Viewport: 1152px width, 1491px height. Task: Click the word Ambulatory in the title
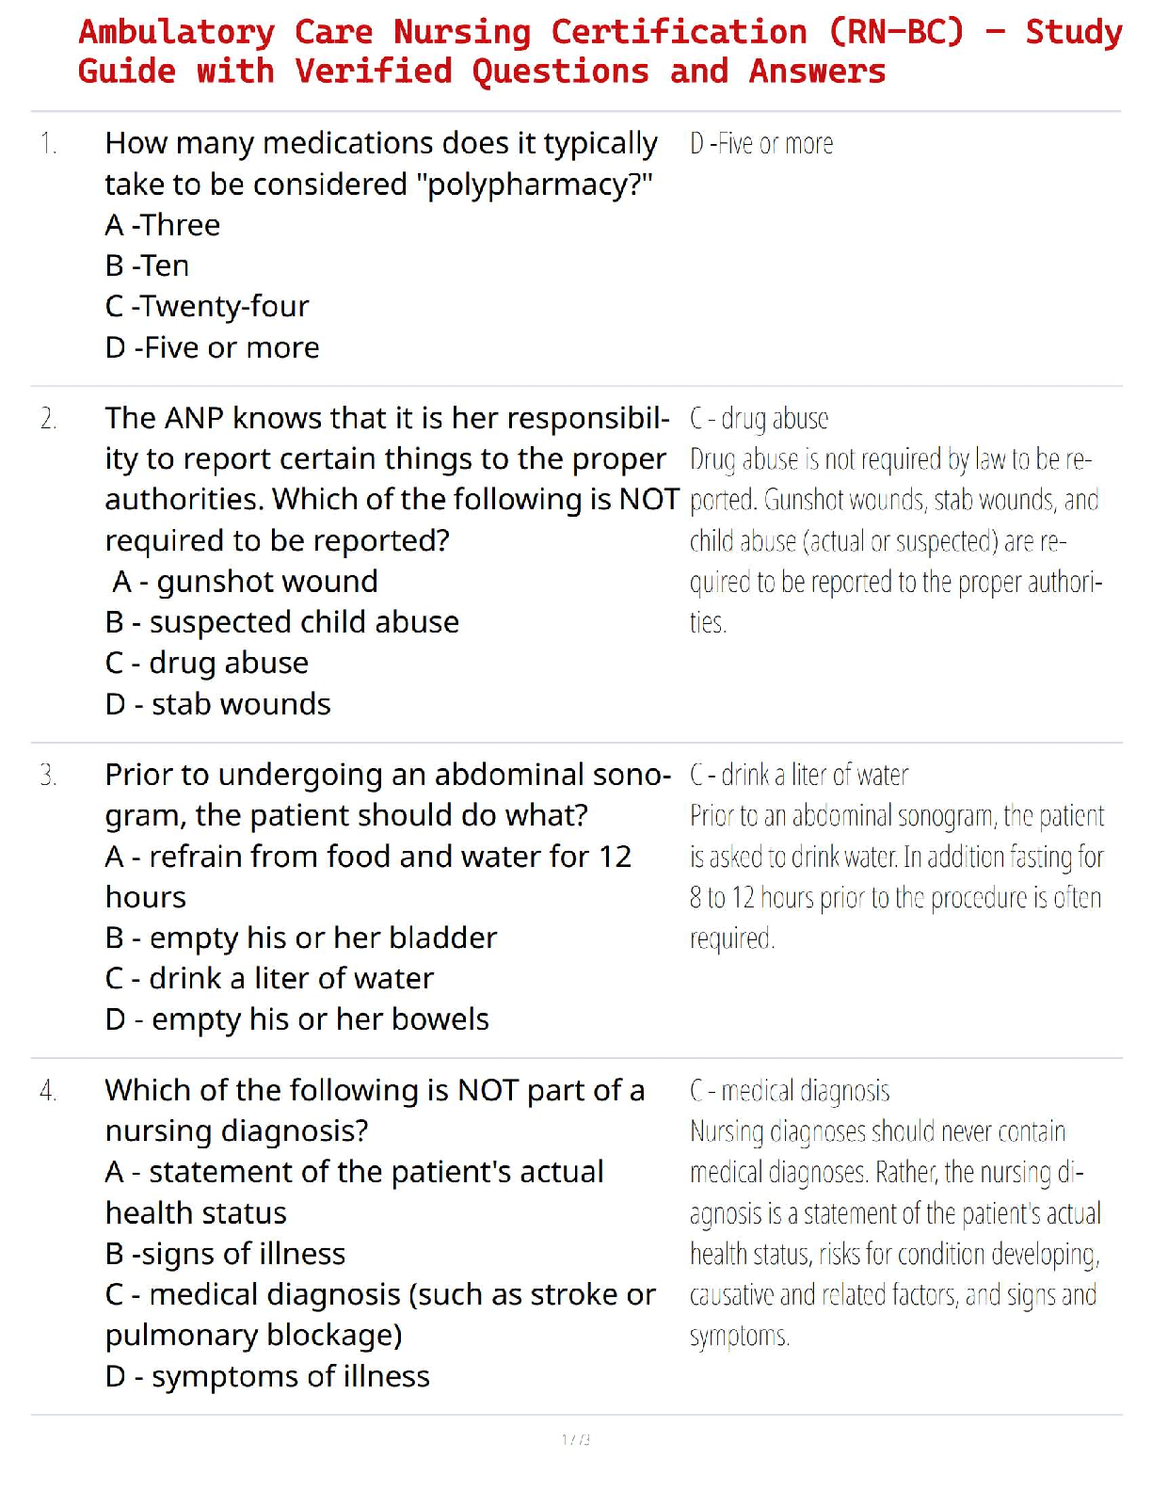(x=177, y=32)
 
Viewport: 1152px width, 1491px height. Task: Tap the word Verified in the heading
(x=373, y=72)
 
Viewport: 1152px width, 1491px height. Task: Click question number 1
(x=49, y=144)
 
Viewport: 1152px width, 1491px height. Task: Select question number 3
(x=49, y=776)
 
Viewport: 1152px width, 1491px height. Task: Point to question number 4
(x=49, y=1091)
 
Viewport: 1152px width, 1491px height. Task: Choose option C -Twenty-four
(x=207, y=307)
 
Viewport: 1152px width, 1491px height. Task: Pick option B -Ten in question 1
(x=148, y=266)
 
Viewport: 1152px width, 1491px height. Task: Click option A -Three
(x=163, y=226)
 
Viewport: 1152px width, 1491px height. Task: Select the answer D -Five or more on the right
(x=761, y=144)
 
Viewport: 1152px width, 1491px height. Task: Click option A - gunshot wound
(x=245, y=582)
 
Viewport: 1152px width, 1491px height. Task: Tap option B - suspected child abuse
(x=282, y=622)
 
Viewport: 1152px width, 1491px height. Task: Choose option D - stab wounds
(x=218, y=704)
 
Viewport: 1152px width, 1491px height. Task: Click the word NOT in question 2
(x=649, y=500)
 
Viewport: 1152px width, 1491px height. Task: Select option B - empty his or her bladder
(x=301, y=938)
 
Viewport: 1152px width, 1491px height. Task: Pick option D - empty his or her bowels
(x=297, y=1019)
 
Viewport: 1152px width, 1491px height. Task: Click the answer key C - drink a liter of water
(x=799, y=776)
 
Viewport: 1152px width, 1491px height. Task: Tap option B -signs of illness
(x=226, y=1255)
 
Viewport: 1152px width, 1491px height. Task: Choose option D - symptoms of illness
(x=267, y=1377)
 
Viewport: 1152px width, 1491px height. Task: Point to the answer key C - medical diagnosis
(x=790, y=1091)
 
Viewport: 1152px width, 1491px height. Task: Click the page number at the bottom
(x=576, y=1439)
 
